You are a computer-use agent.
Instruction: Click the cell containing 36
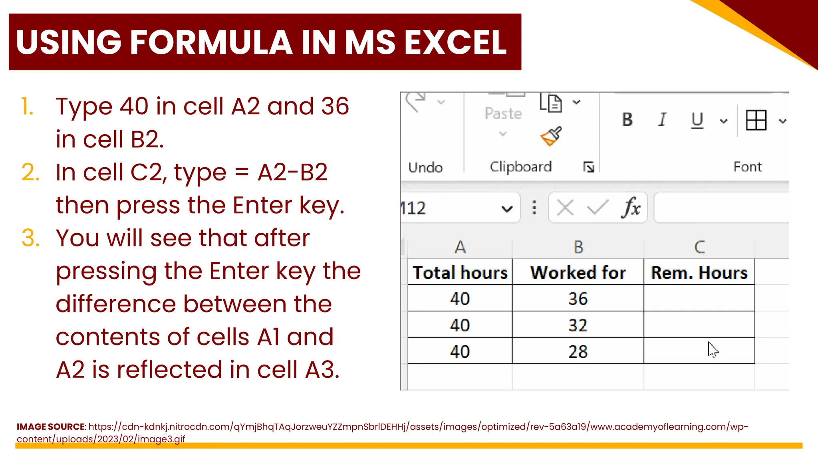[578, 299]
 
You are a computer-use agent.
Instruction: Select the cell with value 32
[578, 325]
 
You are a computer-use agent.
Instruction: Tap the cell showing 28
[578, 351]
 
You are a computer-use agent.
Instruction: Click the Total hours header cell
[460, 273]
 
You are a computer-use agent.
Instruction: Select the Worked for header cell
[578, 273]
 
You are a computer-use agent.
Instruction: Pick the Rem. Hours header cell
[699, 273]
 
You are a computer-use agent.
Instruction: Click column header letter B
[578, 248]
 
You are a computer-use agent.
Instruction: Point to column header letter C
[699, 248]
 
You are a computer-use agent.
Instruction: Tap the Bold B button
[627, 120]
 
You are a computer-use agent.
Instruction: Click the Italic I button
[662, 120]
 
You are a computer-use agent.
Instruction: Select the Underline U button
[697, 120]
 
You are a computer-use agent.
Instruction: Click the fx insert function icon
[631, 208]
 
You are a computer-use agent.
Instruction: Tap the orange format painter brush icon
[551, 137]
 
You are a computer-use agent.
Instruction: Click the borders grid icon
[756, 120]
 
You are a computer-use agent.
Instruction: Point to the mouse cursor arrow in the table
[713, 350]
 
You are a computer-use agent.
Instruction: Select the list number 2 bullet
[30, 172]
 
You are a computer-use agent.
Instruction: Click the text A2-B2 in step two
[292, 172]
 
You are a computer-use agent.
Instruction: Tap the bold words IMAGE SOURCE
[51, 426]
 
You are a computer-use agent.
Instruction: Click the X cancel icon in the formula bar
[565, 208]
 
